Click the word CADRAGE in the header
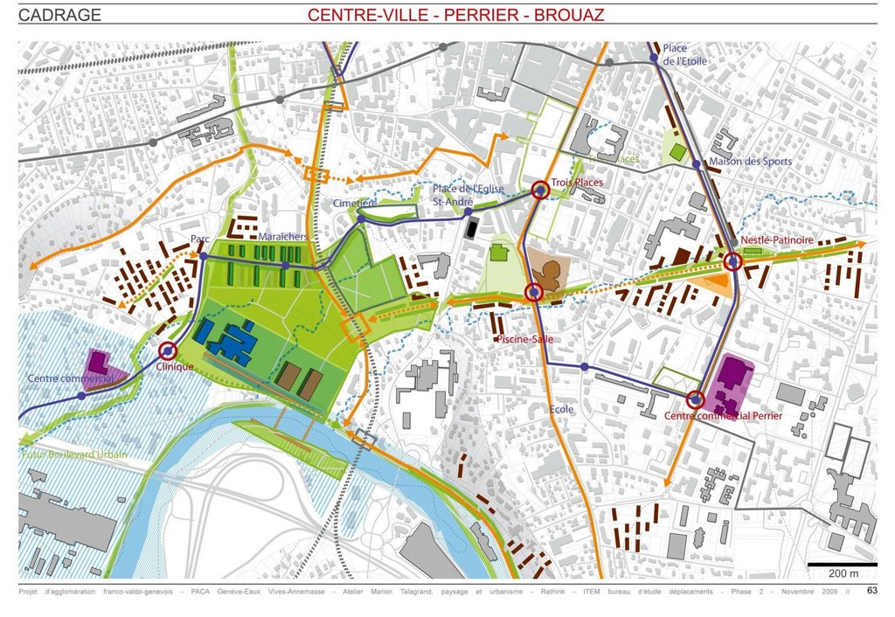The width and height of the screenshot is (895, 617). tap(59, 15)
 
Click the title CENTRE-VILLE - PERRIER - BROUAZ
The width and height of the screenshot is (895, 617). tap(455, 15)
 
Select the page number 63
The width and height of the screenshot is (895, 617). tap(871, 591)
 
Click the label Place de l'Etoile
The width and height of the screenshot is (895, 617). tap(684, 54)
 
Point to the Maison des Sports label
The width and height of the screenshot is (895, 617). tap(750, 161)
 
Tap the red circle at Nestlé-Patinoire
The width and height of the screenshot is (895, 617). tap(732, 260)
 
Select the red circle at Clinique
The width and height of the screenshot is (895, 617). tap(168, 350)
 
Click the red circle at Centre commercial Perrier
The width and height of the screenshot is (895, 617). tap(695, 399)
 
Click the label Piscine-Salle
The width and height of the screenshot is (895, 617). tap(523, 338)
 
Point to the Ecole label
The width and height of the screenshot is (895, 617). tap(562, 408)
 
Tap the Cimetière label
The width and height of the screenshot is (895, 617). tap(354, 203)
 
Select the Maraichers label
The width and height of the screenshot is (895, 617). tap(282, 237)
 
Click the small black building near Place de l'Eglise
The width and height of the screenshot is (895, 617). tap(471, 229)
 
